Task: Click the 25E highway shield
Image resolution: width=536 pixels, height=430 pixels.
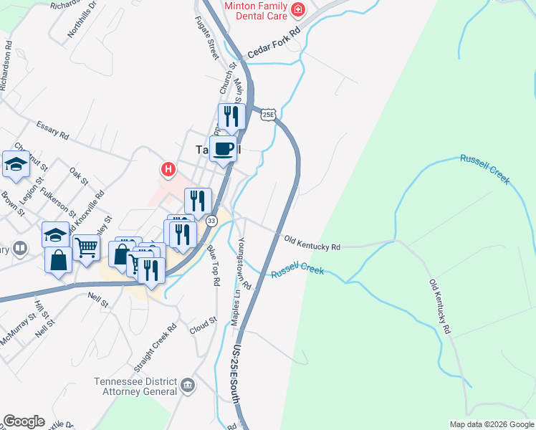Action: [267, 115]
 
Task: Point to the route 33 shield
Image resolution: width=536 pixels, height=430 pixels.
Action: [211, 221]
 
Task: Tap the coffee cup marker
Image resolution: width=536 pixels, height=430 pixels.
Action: [224, 149]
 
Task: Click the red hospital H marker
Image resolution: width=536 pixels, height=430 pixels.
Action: [168, 170]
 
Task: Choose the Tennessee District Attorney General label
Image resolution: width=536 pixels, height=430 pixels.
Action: [135, 386]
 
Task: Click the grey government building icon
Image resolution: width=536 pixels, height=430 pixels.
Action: [188, 386]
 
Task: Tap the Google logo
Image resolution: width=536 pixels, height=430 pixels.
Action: [23, 421]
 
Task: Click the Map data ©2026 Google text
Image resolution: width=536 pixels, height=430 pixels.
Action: [492, 424]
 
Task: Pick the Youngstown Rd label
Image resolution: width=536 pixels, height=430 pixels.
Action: [244, 263]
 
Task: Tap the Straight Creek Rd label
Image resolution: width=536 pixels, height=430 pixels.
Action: [160, 347]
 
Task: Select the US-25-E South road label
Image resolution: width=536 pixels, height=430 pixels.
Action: [239, 369]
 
